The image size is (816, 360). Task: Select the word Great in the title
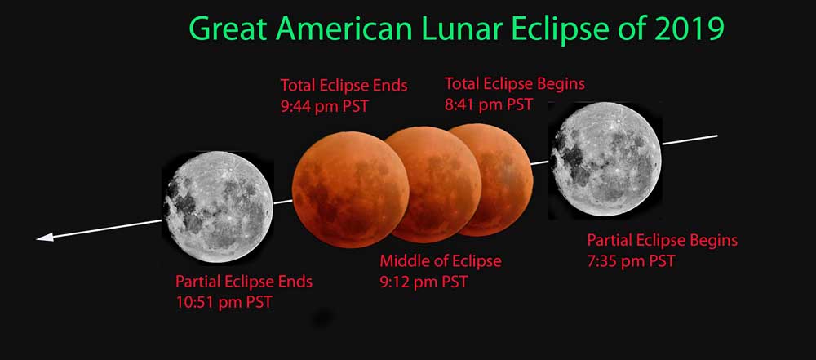tap(229, 29)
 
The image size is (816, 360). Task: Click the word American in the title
tap(345, 29)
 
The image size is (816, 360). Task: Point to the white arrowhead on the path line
tap(45, 238)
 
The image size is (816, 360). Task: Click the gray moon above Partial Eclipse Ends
tap(219, 207)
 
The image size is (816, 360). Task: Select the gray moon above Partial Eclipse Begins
tap(606, 159)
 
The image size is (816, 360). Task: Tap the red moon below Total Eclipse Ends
tap(350, 189)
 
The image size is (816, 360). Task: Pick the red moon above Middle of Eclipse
tap(433, 184)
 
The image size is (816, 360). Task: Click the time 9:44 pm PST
tap(324, 107)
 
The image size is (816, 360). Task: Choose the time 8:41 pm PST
tap(488, 104)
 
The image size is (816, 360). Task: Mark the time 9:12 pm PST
tap(424, 282)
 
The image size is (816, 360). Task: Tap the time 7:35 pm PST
tap(631, 261)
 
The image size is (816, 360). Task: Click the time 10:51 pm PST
tap(224, 302)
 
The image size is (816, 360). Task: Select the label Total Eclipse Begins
tap(514, 83)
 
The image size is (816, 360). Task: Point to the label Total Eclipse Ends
tap(344, 86)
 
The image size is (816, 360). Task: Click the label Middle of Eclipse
tap(441, 260)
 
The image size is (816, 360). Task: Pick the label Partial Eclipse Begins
tap(663, 240)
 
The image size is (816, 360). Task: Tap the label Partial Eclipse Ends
tap(244, 282)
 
